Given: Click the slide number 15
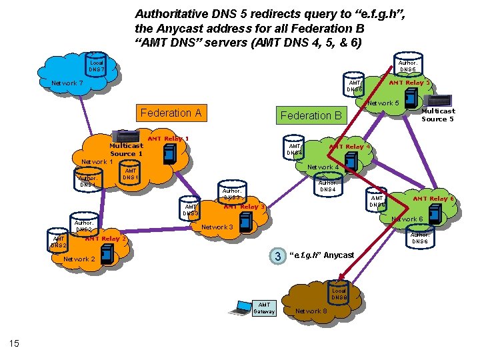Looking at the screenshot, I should [14, 343].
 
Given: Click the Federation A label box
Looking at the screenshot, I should [171, 113].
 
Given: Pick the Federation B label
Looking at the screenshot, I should [311, 115].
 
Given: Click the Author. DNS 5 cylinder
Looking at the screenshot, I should [407, 65].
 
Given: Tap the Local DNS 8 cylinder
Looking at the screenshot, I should [339, 294].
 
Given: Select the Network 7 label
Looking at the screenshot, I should [67, 83].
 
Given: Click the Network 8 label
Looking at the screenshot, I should [311, 311].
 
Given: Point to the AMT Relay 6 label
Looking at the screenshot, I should [433, 199].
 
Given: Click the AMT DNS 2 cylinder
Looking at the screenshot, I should [59, 241].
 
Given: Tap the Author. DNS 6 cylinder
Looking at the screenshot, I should [419, 237].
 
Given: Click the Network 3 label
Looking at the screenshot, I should [217, 227].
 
